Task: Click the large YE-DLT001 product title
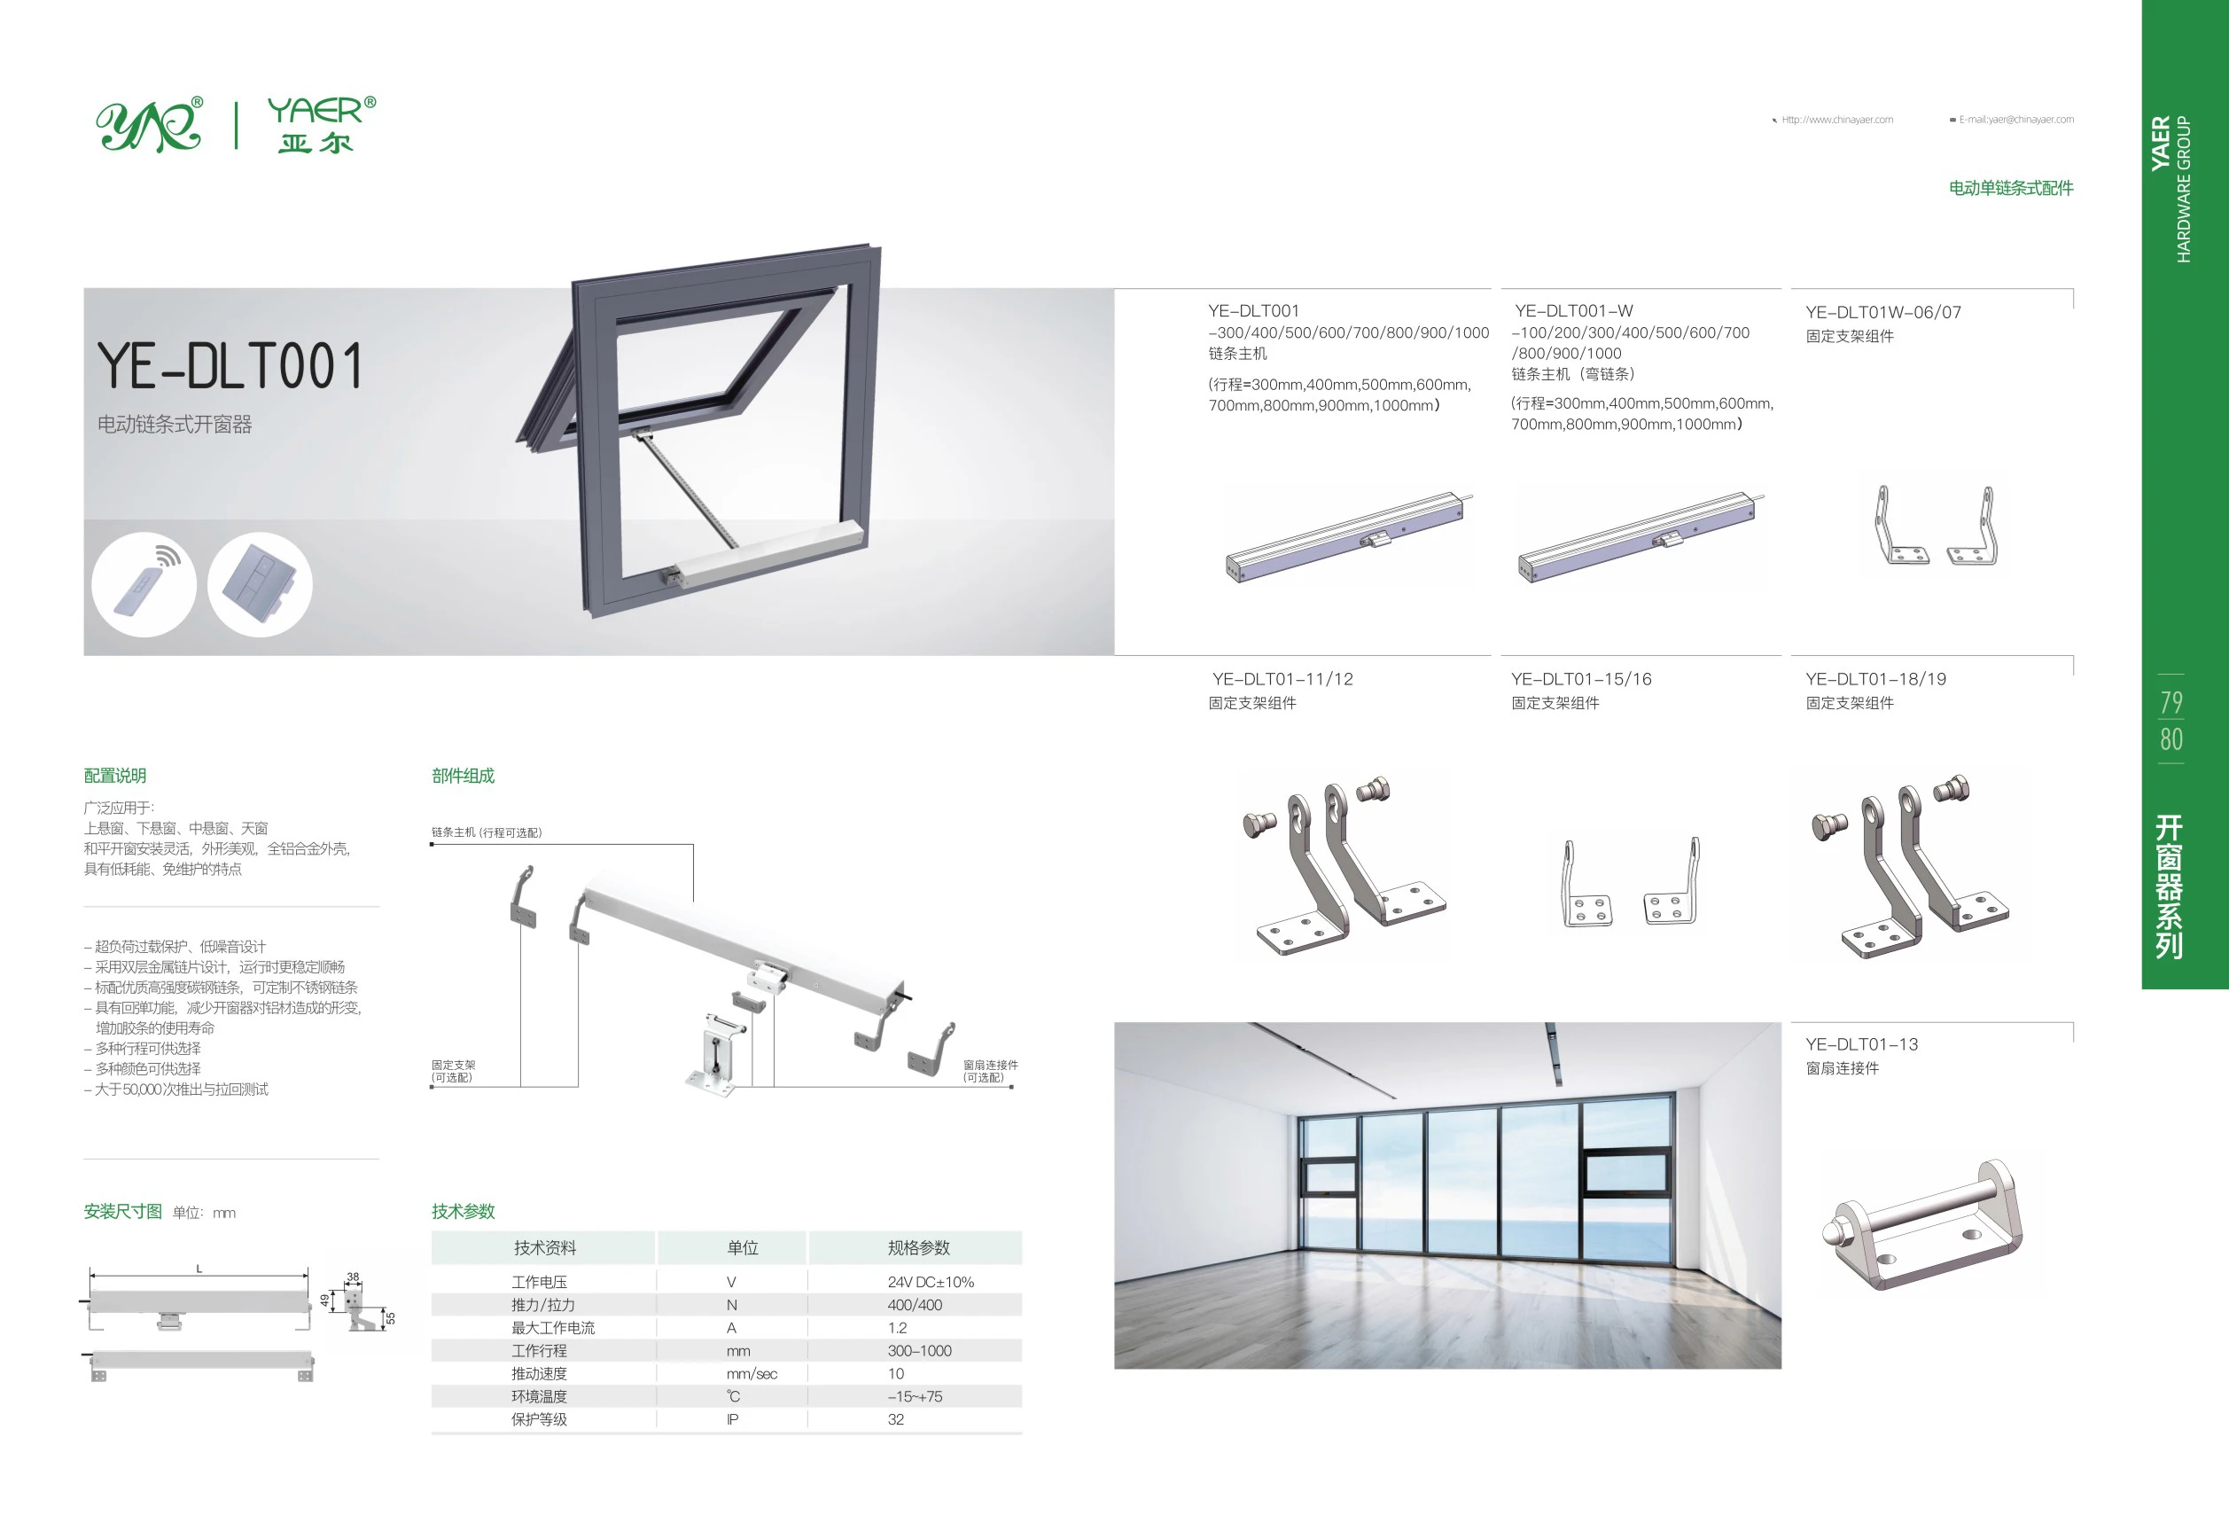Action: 230,366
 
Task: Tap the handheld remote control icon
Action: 144,583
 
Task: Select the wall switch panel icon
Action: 260,583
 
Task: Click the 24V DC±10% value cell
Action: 930,1281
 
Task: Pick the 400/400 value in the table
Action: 914,1304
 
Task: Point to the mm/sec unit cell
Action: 751,1373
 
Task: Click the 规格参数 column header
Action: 918,1246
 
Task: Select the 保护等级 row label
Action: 539,1419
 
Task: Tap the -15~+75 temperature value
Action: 914,1396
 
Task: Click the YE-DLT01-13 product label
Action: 1860,1044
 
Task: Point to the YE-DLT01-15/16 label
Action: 1580,679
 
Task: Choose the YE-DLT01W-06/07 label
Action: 1882,313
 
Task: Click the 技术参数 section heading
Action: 464,1211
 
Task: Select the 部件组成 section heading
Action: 464,776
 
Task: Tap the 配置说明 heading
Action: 115,776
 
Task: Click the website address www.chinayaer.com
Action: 1836,120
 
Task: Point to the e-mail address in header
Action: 2015,120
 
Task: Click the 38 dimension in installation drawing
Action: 353,1277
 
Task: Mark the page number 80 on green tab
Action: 2171,739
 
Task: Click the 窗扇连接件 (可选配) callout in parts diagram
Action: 990,1071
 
